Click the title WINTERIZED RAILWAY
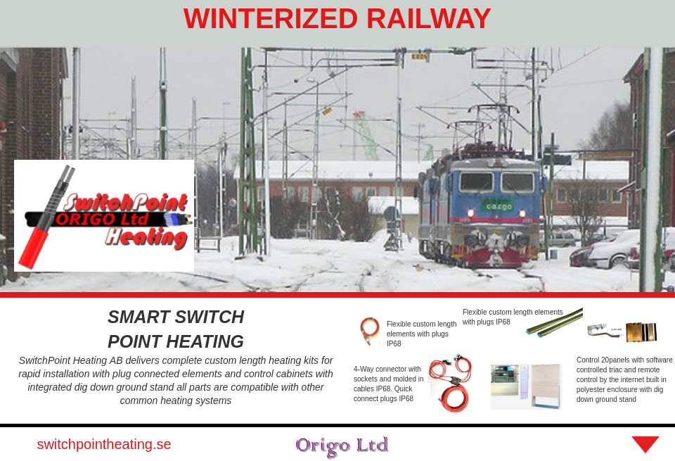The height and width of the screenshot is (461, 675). pos(337,19)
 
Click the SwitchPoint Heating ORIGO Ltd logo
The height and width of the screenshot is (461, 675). pos(104,215)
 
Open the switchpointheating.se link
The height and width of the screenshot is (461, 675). pos(104,444)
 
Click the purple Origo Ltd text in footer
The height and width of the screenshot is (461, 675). pos(342,445)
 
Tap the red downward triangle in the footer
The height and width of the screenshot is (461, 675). pos(645,444)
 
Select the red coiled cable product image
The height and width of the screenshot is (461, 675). pos(450,384)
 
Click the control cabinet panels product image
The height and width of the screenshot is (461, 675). pos(526,386)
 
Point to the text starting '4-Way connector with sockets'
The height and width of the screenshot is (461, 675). pos(388,384)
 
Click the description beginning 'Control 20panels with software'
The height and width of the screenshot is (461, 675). pos(624,379)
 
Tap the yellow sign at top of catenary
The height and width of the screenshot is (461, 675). pos(420,56)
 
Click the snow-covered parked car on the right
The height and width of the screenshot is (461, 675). pos(612,250)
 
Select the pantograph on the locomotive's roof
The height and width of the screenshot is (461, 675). pos(492,123)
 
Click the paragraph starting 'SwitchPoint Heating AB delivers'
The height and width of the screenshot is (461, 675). pos(176,380)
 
